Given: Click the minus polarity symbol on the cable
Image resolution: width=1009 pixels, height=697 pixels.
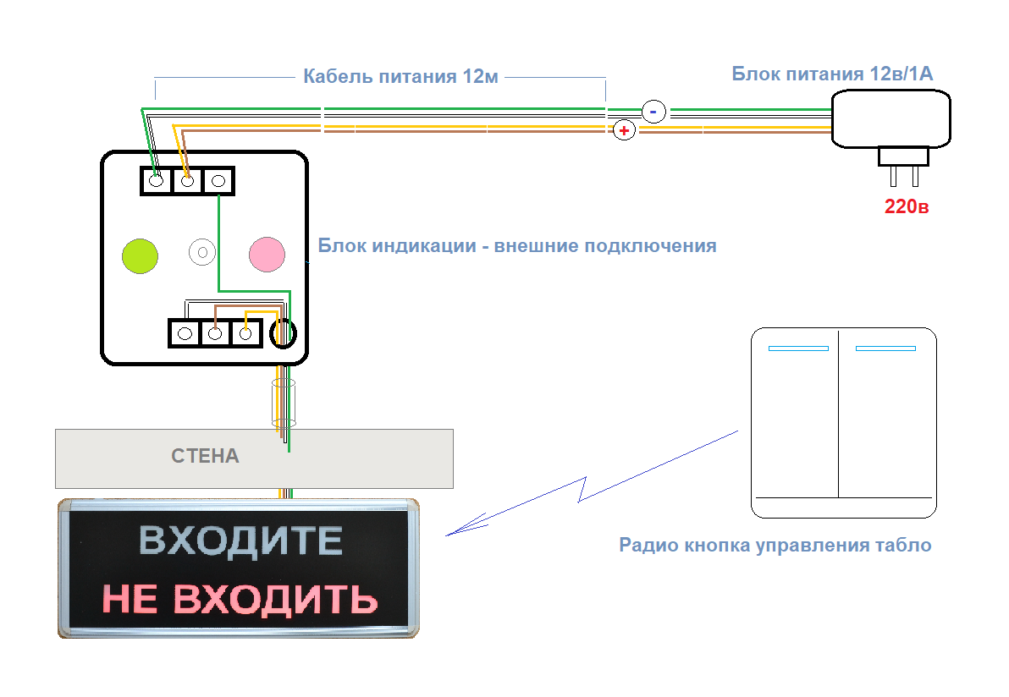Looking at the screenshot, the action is (x=653, y=112).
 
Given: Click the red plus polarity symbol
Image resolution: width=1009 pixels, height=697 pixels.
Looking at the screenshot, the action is (x=624, y=130).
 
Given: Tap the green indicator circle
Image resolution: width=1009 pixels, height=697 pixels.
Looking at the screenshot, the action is (x=140, y=256).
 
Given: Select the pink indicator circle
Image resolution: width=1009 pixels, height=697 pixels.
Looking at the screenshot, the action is (x=267, y=254).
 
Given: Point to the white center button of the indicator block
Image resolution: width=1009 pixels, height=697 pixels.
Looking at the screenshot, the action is (x=202, y=252).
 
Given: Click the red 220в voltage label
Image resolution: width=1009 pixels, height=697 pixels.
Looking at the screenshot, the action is (x=906, y=206).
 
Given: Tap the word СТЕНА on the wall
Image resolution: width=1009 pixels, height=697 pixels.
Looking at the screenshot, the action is (x=205, y=456).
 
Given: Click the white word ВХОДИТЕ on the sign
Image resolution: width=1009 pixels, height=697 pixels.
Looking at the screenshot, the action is (x=240, y=541).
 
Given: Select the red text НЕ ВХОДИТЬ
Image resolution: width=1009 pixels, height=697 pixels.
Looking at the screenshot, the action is (x=240, y=599).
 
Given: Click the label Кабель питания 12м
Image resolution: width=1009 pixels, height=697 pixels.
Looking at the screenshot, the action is (x=400, y=76).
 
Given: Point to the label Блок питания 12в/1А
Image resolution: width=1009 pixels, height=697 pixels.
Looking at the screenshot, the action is (x=832, y=74).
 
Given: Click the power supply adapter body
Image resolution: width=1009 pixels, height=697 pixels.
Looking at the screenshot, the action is (x=891, y=119).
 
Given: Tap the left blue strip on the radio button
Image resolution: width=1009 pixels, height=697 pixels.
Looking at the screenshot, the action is (x=798, y=348).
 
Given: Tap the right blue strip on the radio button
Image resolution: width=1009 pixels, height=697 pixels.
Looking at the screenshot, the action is (x=885, y=348).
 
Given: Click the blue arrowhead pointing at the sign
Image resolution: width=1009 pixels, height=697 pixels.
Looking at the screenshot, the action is (x=465, y=525).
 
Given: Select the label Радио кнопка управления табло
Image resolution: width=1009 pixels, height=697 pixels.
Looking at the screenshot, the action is (x=775, y=546).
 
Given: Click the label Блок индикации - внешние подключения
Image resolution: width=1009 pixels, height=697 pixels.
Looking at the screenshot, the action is (x=516, y=245).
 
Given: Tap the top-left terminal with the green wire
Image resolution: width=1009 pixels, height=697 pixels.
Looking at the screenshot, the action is (x=156, y=181).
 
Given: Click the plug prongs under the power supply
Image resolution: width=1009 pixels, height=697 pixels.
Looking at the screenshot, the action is (x=904, y=176).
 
